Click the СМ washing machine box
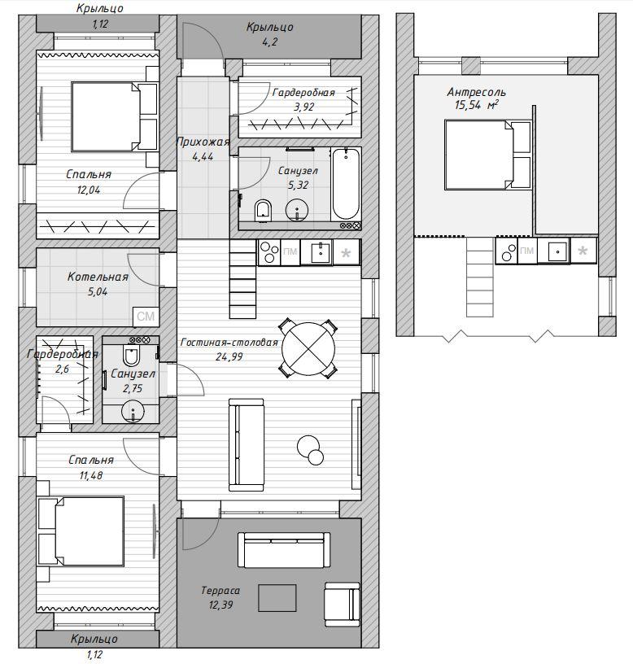(146, 317)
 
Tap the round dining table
(308, 348)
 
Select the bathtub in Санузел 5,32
(346, 184)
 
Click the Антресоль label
(476, 92)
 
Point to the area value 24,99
(229, 357)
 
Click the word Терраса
(220, 590)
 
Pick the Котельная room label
(98, 277)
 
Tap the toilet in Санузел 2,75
(131, 356)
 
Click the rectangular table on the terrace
(277, 598)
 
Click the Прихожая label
(203, 142)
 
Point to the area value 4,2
(269, 42)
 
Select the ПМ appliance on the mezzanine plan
(526, 251)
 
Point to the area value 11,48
(91, 475)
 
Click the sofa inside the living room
(246, 444)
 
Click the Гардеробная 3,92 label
(303, 99)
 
